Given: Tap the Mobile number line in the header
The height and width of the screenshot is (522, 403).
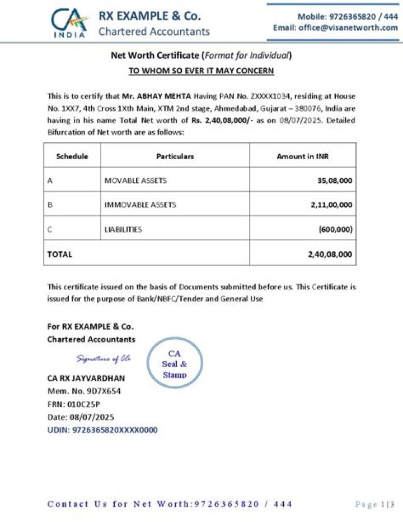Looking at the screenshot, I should (x=347, y=17).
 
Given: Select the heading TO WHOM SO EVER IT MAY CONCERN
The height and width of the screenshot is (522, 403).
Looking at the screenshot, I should (x=201, y=71).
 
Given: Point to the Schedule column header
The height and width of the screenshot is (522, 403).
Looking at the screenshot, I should (x=72, y=156).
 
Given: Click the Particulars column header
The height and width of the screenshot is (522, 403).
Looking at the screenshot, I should (x=175, y=156).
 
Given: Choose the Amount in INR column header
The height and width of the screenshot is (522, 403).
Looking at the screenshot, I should (x=302, y=156).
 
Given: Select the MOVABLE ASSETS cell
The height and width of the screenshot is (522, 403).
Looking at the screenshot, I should (x=135, y=181).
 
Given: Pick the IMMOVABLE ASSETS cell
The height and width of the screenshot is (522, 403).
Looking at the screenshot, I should (x=140, y=205).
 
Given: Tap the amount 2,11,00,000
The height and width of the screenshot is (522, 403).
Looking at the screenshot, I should (x=331, y=205).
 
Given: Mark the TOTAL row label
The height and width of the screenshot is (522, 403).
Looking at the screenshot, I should (x=60, y=254).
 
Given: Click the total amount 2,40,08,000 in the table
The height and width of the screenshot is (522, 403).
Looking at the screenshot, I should (x=330, y=254).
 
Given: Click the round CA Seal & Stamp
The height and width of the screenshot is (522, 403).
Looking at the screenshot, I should (x=175, y=363).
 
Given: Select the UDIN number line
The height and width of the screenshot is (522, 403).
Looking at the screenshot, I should (x=102, y=430).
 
